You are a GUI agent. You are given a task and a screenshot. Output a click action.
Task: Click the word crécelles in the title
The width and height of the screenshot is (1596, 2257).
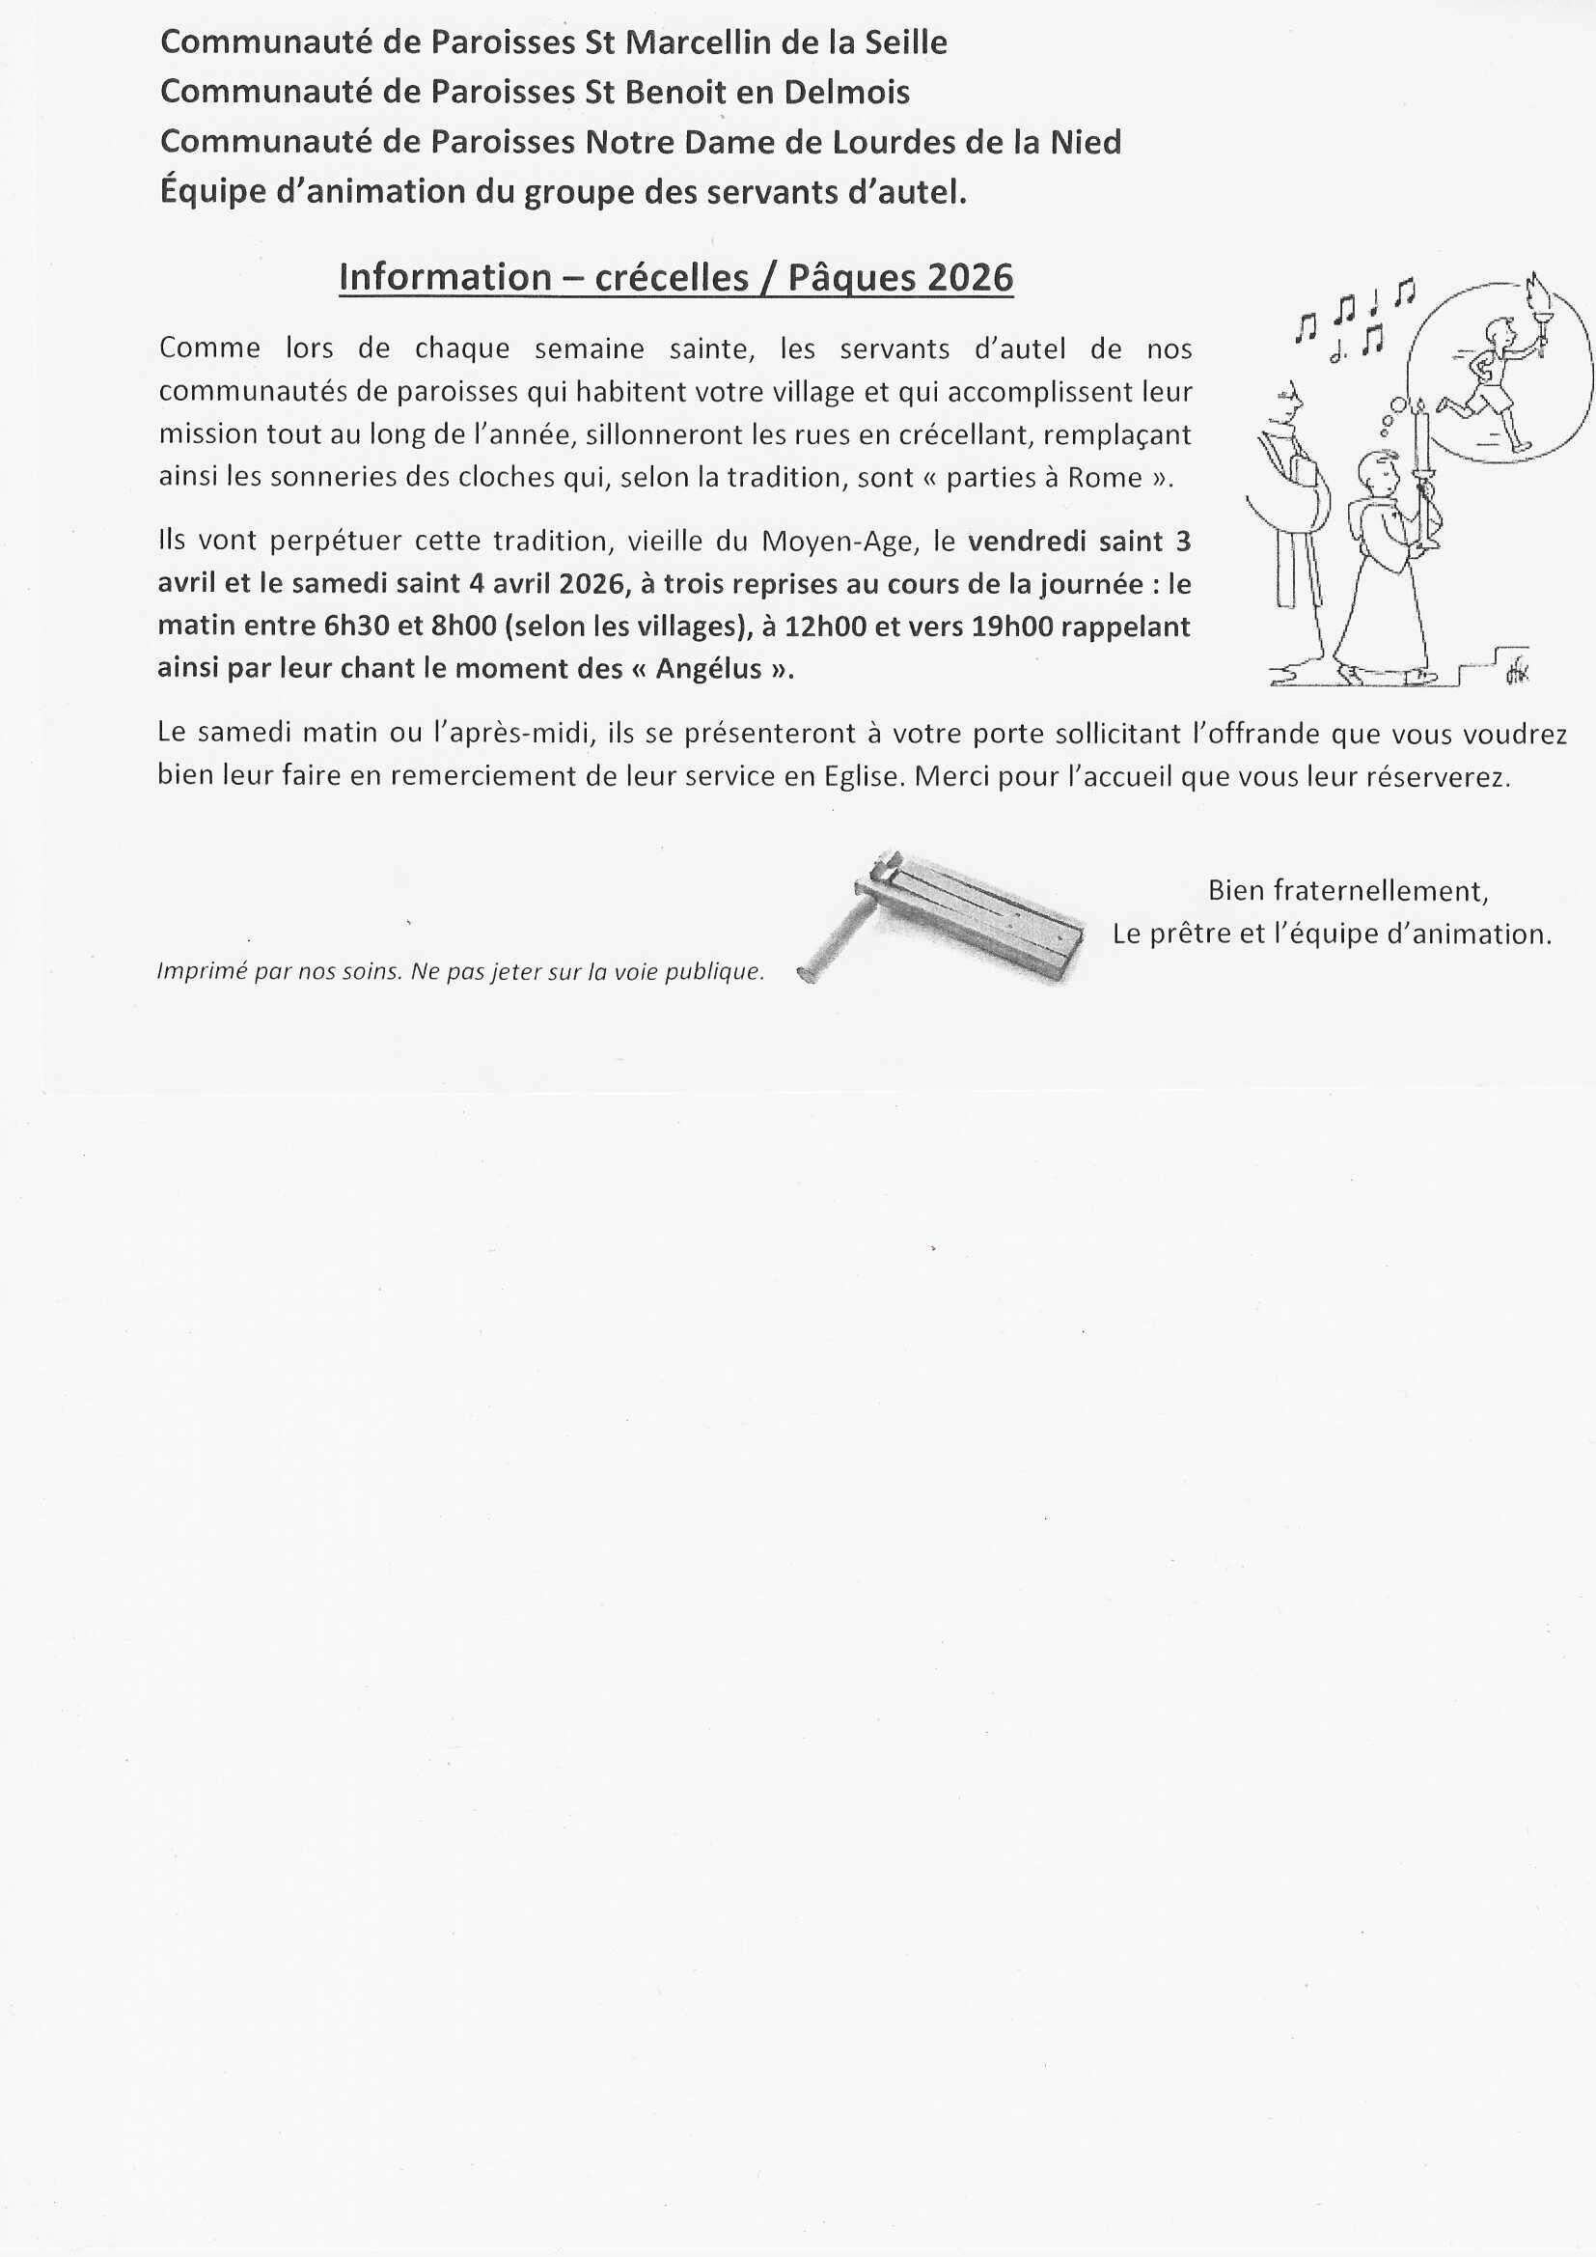click(x=673, y=278)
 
